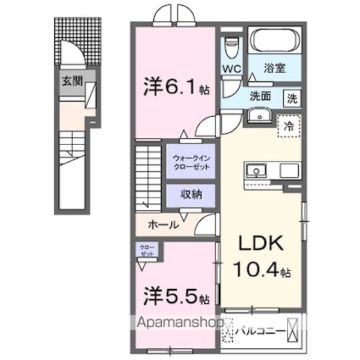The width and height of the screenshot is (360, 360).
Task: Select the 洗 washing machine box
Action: tap(291, 97)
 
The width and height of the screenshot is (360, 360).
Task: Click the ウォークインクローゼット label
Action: tap(191, 161)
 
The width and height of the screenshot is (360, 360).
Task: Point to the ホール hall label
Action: tap(163, 224)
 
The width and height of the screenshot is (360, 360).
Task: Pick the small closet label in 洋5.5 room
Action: tap(148, 251)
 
